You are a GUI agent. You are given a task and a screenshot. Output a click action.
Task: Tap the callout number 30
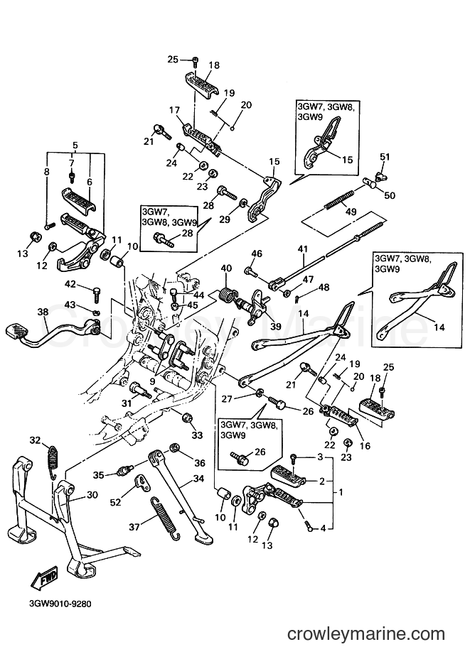point(92,495)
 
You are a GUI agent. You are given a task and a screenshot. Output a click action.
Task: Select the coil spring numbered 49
point(339,200)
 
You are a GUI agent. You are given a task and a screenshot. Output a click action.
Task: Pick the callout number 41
point(303,249)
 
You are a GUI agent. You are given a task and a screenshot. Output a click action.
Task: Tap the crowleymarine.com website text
point(365,633)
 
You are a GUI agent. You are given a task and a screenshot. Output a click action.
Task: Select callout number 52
point(115,502)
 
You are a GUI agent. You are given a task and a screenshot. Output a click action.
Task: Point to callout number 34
point(198,479)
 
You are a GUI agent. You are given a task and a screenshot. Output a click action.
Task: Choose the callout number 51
point(385,157)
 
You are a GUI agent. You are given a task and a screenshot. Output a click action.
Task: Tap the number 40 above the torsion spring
point(226,268)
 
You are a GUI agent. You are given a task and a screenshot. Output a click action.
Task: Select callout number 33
point(197,435)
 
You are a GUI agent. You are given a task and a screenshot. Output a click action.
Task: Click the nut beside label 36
point(173,448)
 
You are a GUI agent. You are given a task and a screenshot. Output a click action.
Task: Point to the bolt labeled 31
point(141,388)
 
